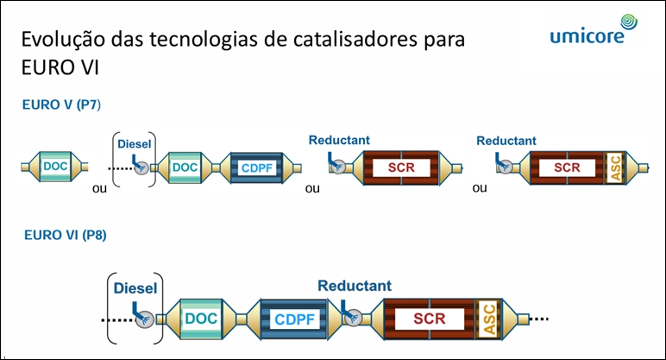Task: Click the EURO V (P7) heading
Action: tap(63, 105)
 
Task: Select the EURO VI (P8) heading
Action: tap(66, 234)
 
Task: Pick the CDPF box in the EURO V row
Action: tap(257, 167)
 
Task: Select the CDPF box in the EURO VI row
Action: tap(295, 319)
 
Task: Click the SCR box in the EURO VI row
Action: tap(428, 318)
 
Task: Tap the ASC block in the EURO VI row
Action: tap(488, 318)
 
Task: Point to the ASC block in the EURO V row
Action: tap(614, 167)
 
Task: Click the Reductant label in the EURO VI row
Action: tap(354, 286)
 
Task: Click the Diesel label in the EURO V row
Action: tap(134, 144)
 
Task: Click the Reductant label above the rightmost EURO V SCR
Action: tap(506, 141)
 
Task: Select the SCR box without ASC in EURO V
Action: tap(400, 167)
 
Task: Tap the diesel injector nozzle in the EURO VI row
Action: tap(144, 319)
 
